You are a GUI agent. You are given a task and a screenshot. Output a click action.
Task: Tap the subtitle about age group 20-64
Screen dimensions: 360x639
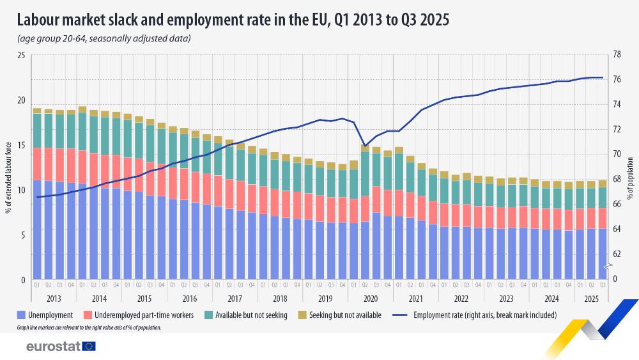pyautogui.click(x=104, y=39)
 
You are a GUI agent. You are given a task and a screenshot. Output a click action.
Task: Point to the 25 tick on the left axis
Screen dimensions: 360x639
pyautogui.click(x=20, y=56)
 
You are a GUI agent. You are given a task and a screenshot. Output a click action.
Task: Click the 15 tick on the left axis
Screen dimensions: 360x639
pyautogui.click(x=20, y=146)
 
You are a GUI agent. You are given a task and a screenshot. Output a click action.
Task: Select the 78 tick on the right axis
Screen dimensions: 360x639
pyautogui.click(x=617, y=56)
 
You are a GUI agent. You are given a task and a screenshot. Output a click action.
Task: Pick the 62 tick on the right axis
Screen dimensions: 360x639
pyautogui.click(x=617, y=254)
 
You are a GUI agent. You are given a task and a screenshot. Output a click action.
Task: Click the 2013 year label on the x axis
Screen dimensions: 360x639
pyautogui.click(x=54, y=299)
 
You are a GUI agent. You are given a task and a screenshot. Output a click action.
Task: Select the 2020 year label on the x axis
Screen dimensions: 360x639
pyautogui.click(x=371, y=299)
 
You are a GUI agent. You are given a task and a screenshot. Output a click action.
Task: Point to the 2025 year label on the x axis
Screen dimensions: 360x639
pyautogui.click(x=590, y=299)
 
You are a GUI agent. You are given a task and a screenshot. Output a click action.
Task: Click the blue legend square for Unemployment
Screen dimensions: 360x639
pyautogui.click(x=22, y=315)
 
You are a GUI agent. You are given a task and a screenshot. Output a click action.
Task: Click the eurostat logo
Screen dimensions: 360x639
pyautogui.click(x=61, y=347)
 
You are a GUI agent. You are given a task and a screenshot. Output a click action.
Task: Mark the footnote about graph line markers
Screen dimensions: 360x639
pyautogui.click(x=89, y=327)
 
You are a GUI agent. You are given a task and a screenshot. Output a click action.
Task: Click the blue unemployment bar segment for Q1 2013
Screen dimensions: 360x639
pyautogui.click(x=38, y=230)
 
